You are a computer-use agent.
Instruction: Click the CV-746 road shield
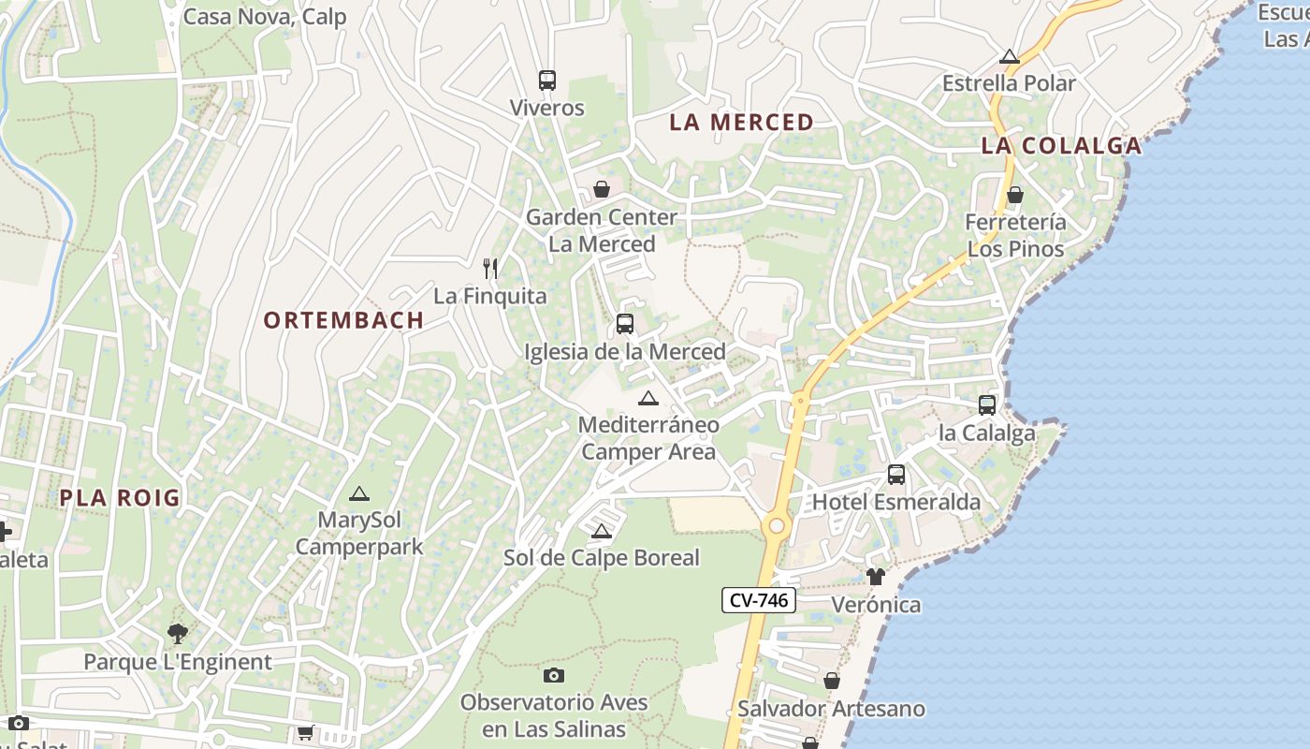point(759,600)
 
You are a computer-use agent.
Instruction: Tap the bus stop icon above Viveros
point(547,81)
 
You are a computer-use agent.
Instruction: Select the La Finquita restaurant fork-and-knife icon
point(490,269)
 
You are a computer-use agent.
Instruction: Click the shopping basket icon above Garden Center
point(602,189)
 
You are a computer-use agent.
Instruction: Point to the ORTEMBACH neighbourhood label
point(343,320)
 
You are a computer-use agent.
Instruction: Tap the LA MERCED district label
point(741,123)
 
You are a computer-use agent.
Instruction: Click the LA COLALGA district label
point(1061,146)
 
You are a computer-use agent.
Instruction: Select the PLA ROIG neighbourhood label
point(120,498)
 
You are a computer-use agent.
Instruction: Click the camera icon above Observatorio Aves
point(554,675)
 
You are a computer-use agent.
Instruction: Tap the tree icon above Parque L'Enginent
point(177,634)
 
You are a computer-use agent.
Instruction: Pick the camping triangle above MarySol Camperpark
point(358,493)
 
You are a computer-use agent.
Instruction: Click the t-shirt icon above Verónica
point(875,577)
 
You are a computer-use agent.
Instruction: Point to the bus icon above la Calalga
point(987,405)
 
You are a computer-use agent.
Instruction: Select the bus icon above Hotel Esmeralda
point(896,475)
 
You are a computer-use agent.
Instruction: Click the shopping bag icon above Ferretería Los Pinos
point(1015,195)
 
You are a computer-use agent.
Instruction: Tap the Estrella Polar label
point(1009,83)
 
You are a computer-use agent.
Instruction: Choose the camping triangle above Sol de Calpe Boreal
point(602,532)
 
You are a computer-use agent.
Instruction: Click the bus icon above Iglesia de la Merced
point(625,325)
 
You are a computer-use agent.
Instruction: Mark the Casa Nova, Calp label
point(265,17)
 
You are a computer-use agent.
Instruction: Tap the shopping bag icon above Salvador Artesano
point(831,681)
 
